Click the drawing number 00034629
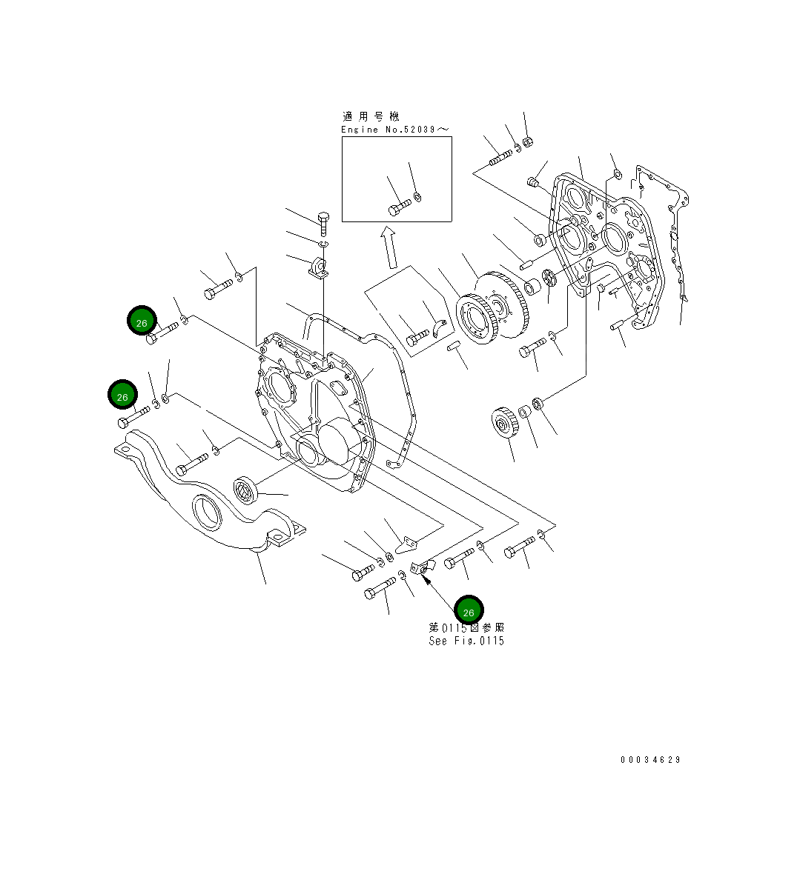tap(650, 760)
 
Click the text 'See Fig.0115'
tap(466, 641)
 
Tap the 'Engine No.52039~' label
tap(394, 130)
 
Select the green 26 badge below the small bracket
tap(469, 611)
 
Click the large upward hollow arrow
tap(389, 247)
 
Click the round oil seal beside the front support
tap(245, 490)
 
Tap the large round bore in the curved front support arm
tap(207, 512)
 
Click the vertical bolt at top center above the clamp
tap(323, 223)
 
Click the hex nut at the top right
tap(528, 142)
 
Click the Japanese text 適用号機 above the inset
tap(371, 116)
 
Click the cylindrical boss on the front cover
tap(340, 441)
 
